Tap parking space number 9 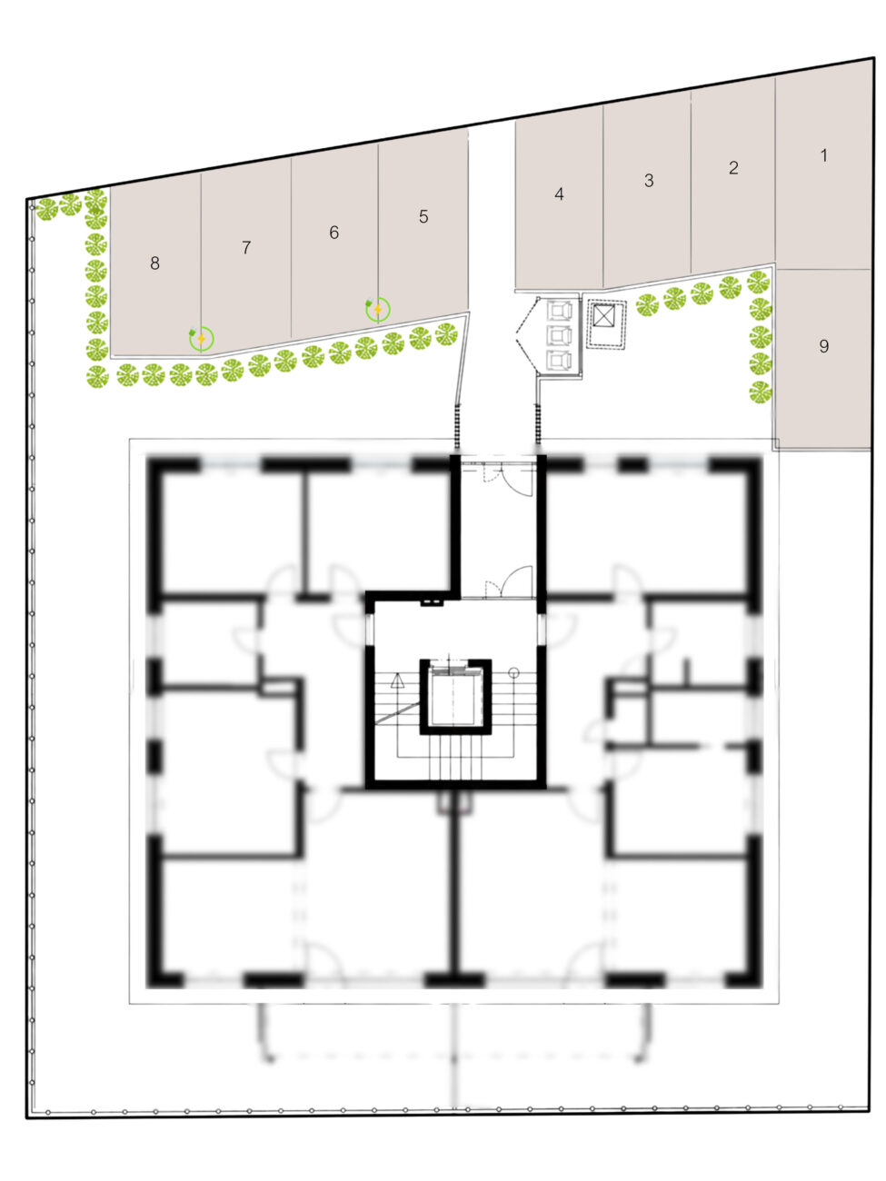[x=823, y=346]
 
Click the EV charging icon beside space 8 [x=201, y=339]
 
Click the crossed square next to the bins [x=603, y=316]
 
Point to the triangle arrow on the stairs [x=397, y=681]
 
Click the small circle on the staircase [x=513, y=672]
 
